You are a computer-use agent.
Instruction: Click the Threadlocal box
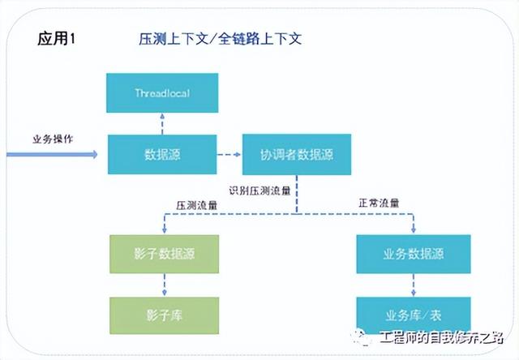[162, 93]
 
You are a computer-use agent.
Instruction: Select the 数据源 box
[162, 154]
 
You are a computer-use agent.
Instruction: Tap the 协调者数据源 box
[297, 155]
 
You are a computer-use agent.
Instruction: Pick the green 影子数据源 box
[164, 254]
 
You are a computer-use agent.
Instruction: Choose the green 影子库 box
[164, 315]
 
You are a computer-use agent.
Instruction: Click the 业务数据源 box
[414, 254]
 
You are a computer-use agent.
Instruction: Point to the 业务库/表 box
[414, 315]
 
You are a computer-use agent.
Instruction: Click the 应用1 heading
[56, 38]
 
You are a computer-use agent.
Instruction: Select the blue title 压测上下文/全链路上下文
[220, 39]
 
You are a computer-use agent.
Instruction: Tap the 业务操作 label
[53, 139]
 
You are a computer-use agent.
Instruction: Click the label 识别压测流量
[259, 191]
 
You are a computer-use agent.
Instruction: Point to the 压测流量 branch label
[196, 205]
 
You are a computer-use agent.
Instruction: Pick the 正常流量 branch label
[379, 203]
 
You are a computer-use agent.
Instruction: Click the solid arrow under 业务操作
[52, 155]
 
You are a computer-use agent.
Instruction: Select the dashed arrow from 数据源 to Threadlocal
[162, 124]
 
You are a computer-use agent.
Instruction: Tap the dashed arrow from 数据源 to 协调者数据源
[229, 155]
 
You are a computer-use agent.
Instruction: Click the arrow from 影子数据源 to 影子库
[165, 285]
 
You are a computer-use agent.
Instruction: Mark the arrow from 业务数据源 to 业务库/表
[414, 285]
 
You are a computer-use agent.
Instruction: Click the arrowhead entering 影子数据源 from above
[165, 229]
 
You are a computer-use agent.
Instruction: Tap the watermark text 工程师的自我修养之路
[441, 338]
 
